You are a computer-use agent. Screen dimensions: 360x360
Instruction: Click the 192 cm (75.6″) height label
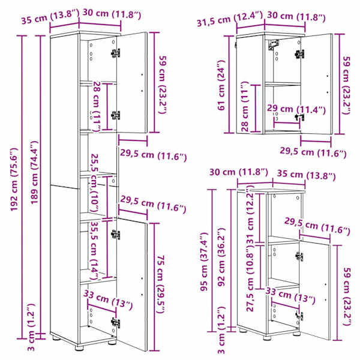point(14,179)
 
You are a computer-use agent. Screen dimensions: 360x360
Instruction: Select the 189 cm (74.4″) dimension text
point(34,172)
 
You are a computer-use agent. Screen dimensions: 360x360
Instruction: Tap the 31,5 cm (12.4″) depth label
point(230,19)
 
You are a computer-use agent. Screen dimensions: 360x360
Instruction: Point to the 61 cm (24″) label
point(221,85)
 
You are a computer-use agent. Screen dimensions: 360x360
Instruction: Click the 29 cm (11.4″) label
point(296,109)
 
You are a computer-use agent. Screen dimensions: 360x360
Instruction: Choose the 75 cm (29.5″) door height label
point(160,284)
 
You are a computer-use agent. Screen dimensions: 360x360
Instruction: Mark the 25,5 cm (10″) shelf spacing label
point(95,183)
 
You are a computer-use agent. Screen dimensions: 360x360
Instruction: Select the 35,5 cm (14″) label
point(94,251)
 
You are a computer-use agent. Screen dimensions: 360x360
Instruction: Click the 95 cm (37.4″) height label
point(204,262)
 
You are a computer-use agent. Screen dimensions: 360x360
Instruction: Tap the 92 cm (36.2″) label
point(222,257)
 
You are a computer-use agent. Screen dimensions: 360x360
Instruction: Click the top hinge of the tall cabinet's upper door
point(115,53)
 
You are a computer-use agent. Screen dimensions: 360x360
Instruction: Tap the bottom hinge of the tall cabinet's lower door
point(115,322)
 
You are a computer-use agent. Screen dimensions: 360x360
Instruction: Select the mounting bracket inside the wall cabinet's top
point(273,44)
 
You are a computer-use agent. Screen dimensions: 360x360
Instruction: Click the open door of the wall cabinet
point(317,84)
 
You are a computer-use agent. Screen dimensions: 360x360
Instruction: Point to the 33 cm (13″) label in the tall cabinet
point(108,299)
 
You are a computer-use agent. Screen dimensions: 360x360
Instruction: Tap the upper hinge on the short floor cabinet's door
point(299,256)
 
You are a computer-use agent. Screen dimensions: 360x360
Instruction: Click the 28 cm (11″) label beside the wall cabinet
point(245,106)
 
